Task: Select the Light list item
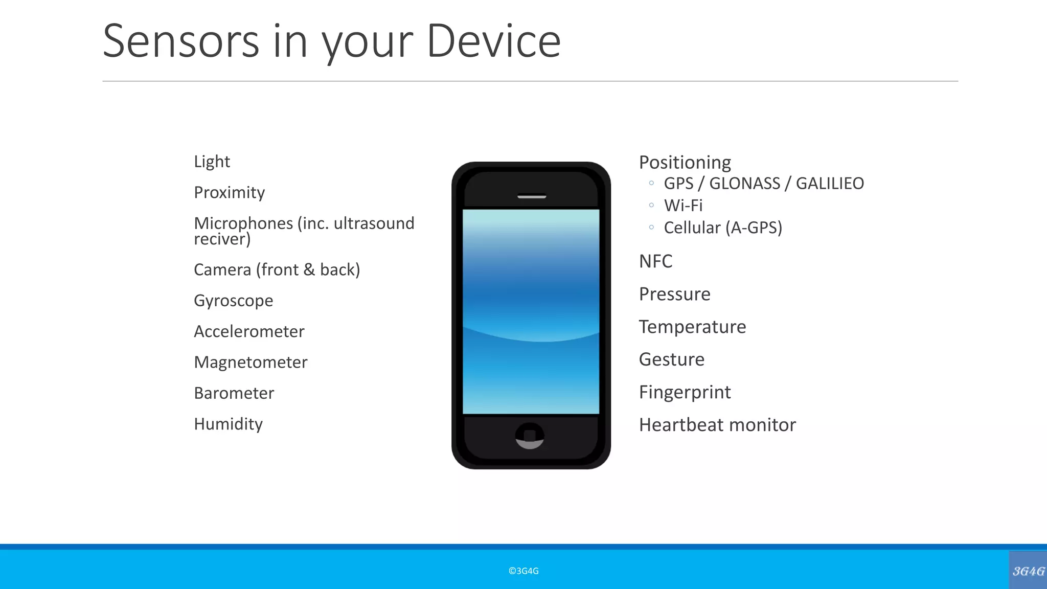[212, 162]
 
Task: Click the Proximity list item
[229, 192]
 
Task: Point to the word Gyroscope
[233, 301]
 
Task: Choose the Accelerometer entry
[249, 331]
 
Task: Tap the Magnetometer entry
[251, 362]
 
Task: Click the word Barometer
[234, 393]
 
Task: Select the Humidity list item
[228, 424]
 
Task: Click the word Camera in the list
[222, 269]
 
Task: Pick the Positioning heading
[685, 162]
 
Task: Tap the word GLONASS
[744, 183]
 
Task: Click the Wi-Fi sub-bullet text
[683, 206]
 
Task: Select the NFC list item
[655, 261]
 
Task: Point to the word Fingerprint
[685, 392]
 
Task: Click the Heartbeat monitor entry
[717, 425]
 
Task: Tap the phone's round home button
[530, 436]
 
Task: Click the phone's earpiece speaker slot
[532, 196]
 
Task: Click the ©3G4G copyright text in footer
[523, 571]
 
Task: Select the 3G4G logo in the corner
[1028, 571]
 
